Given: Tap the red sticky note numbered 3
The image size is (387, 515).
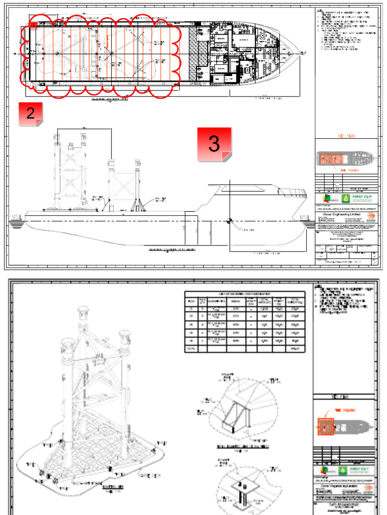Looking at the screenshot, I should coord(214,144).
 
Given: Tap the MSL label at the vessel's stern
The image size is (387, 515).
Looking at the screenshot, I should coord(17,217).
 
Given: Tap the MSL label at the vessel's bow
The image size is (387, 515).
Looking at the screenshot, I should coord(304,217).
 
